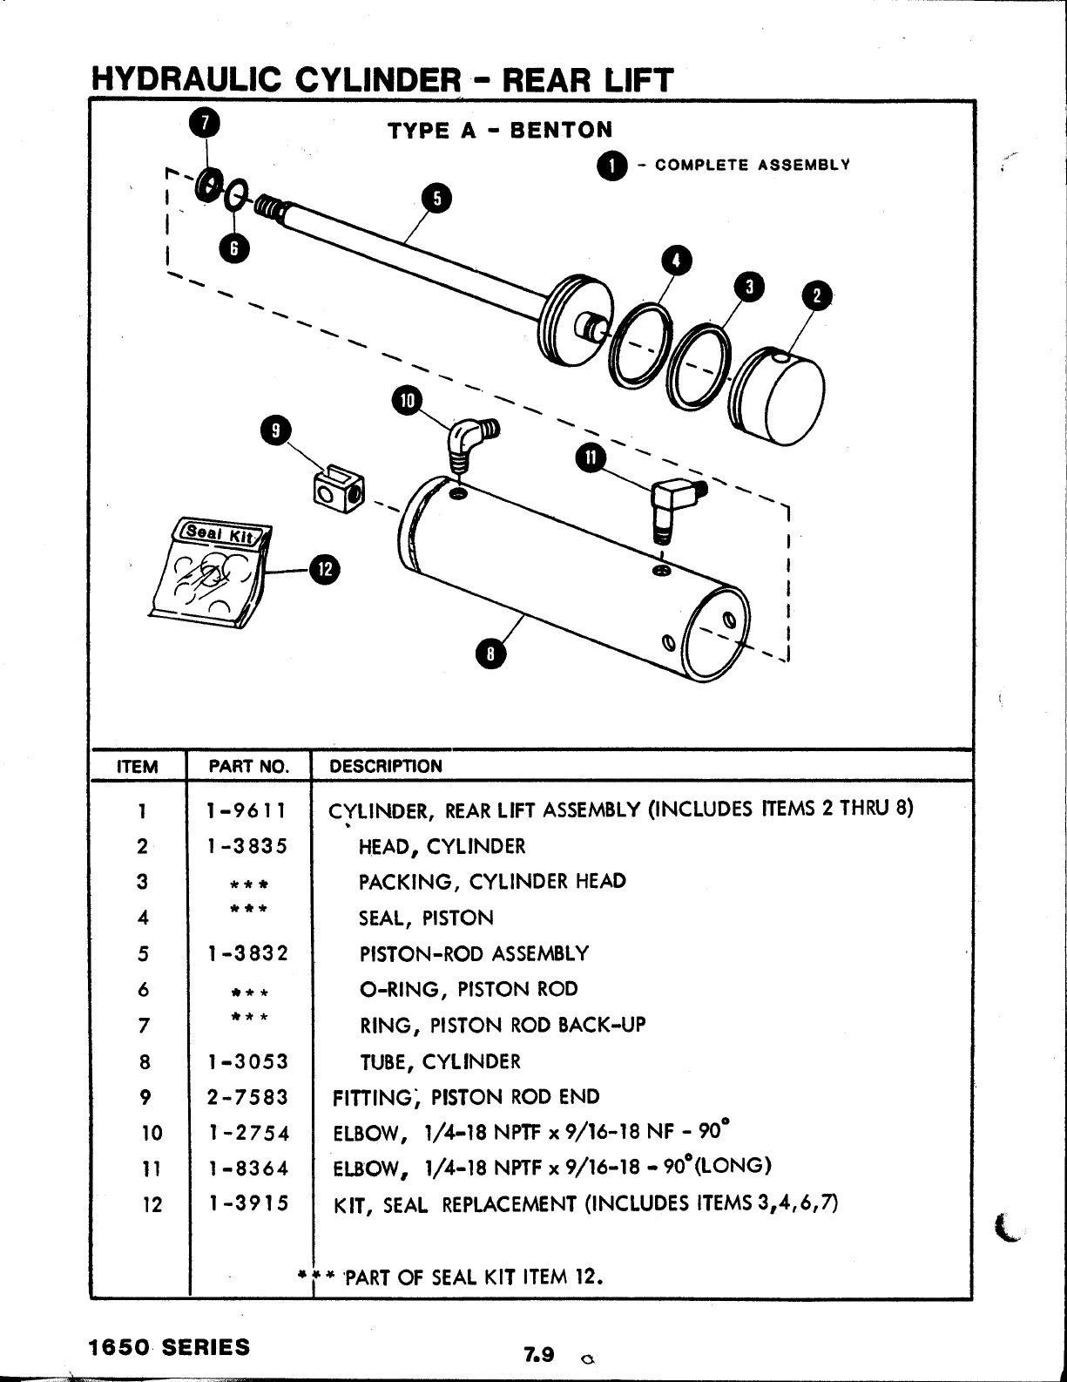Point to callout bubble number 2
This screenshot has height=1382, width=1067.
tap(817, 295)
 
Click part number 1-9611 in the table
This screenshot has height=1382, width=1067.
tap(247, 810)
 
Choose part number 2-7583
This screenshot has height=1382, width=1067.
tap(247, 1097)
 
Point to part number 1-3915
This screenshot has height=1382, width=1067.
tap(247, 1203)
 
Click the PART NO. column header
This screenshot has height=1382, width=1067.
tap(248, 767)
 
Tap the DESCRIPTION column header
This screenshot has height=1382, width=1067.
tap(386, 767)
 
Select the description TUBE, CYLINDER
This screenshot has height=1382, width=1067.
tap(440, 1061)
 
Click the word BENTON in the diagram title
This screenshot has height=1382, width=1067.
tap(562, 131)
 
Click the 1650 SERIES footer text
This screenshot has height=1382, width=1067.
tap(169, 1346)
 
